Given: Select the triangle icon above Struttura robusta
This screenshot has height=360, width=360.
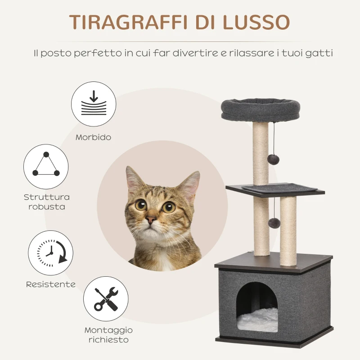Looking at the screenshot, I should pyautogui.click(x=46, y=166).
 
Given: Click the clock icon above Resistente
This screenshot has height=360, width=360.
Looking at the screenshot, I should pyautogui.click(x=51, y=252).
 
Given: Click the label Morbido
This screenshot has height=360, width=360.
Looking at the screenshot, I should pyautogui.click(x=94, y=137).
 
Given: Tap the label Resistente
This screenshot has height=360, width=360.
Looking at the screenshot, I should pyautogui.click(x=51, y=284).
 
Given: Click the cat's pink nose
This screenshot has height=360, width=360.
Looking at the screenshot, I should pyautogui.click(x=150, y=219).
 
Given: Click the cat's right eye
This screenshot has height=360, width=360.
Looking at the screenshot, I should pyautogui.click(x=169, y=207).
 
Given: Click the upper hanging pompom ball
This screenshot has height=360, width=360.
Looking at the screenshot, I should pyautogui.click(x=273, y=159).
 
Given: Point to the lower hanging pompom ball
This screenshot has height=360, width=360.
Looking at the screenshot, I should pyautogui.click(x=273, y=222).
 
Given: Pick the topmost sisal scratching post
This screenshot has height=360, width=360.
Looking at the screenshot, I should pyautogui.click(x=261, y=153).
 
